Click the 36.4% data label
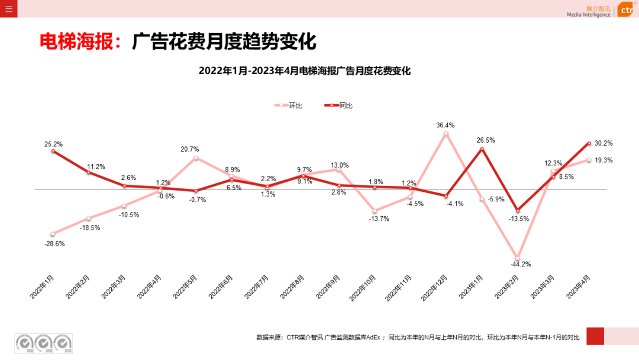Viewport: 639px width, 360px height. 446,125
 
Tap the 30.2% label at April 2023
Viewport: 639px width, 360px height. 603,143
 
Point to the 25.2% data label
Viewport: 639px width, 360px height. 53,144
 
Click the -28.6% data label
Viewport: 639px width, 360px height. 54,243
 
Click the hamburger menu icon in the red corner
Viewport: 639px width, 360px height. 8,8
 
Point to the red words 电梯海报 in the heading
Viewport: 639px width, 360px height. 79,42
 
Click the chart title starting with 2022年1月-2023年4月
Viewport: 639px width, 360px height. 305,71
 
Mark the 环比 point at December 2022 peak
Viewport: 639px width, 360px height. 446,134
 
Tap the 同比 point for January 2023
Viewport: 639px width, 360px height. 482,149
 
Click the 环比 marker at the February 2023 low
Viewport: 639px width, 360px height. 518,259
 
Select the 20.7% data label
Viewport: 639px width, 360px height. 190,149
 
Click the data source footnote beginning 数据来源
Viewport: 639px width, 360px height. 418,337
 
